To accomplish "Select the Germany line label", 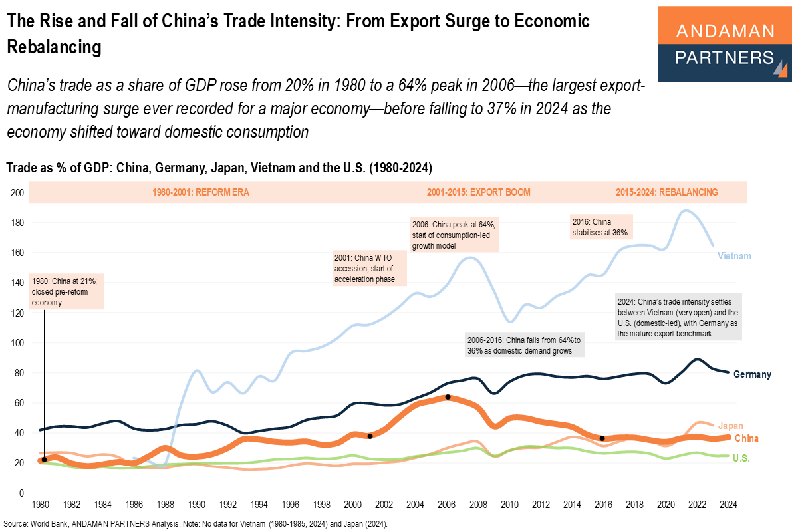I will click(x=751, y=374).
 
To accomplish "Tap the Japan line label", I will click(x=730, y=426).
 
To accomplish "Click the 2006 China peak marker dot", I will click(x=448, y=397).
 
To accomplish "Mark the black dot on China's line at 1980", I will click(x=44, y=460).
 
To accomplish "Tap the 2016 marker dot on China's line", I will click(x=602, y=438).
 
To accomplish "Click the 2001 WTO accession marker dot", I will click(x=370, y=436).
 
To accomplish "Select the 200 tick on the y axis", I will click(x=17, y=193).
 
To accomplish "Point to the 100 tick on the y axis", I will click(x=17, y=343).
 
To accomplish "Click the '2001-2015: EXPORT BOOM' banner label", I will click(x=478, y=192).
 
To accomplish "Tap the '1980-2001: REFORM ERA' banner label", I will click(x=200, y=192).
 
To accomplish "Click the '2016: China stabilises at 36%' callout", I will click(x=600, y=227).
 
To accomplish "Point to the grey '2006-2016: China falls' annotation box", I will click(x=525, y=344).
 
